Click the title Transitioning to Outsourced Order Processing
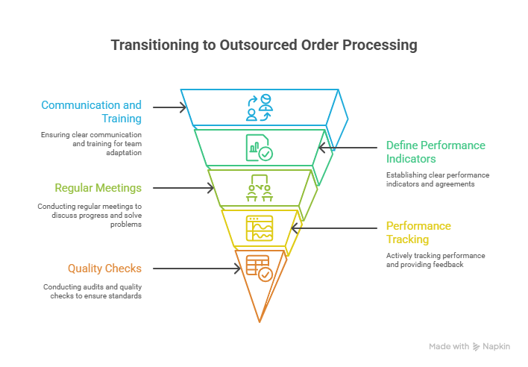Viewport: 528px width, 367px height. (x=264, y=46)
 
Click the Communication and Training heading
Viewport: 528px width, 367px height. (x=91, y=111)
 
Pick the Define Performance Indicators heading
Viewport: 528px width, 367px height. (x=435, y=151)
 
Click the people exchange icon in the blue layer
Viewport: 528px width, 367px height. (x=260, y=107)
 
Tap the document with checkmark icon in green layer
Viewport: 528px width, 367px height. (x=260, y=147)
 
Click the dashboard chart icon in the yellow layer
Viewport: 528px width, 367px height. (x=260, y=227)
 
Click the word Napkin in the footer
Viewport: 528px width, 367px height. (x=497, y=347)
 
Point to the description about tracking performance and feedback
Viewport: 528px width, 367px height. (x=436, y=260)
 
